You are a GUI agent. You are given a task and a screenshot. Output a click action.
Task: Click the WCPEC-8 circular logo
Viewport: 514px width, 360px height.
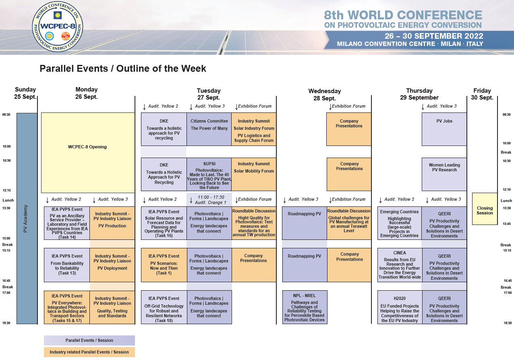point(57,26)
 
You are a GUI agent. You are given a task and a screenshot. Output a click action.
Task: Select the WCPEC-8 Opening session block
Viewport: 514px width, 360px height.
point(88,153)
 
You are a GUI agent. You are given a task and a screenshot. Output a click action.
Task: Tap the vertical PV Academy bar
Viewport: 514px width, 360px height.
point(27,218)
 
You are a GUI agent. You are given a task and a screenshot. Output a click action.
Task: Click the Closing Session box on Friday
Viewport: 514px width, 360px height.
point(485,209)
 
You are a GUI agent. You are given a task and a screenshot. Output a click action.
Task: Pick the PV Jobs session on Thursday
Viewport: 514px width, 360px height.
point(444,129)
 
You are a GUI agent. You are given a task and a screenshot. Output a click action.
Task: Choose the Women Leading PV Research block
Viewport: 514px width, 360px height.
point(444,174)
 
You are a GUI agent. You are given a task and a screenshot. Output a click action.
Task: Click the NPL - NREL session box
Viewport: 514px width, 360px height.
point(305,307)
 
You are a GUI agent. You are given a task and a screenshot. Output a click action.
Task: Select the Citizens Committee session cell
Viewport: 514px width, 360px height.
point(209,129)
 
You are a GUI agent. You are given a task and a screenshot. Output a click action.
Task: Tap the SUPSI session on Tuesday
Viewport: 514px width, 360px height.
point(209,174)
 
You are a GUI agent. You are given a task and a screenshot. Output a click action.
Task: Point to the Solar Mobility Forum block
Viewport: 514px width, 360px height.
point(254,174)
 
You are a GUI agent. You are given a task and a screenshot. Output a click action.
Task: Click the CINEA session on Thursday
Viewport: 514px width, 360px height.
point(400,265)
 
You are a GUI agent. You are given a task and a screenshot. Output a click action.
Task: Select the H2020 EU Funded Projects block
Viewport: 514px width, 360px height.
point(400,307)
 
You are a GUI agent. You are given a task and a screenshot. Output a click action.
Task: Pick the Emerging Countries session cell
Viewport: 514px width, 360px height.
point(400,223)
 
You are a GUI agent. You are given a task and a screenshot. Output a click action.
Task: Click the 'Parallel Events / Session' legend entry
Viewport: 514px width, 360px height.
point(89,340)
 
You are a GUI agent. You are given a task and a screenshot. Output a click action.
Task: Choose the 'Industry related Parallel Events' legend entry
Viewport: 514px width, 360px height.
point(89,352)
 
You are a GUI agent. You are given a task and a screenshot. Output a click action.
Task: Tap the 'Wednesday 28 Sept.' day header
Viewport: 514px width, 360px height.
point(324,95)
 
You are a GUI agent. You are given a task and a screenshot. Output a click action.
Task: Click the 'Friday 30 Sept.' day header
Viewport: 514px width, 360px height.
point(482,94)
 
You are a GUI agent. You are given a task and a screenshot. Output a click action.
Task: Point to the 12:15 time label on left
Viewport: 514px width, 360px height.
point(7,190)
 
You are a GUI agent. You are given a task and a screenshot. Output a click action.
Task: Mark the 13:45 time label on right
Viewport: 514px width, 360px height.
point(507,224)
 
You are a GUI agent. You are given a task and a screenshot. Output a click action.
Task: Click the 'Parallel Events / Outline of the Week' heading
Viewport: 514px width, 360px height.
point(123,69)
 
